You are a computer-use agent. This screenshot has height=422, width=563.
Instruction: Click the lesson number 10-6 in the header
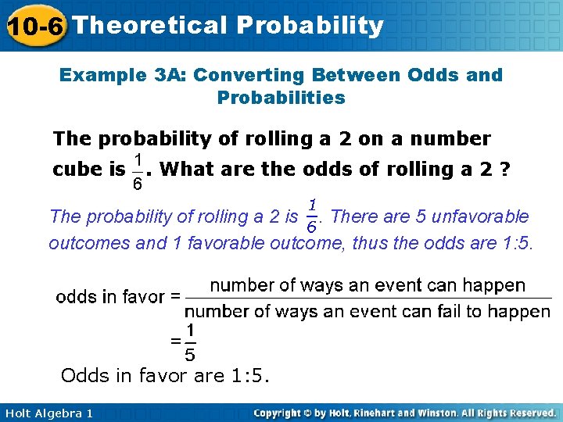tap(34, 26)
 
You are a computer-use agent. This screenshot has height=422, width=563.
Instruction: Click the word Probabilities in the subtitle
tap(281, 98)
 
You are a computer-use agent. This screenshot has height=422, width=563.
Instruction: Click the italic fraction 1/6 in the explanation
tap(311, 215)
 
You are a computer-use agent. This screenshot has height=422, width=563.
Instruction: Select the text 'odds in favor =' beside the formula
tap(118, 297)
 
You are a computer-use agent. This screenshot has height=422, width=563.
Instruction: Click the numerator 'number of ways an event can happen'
tap(368, 285)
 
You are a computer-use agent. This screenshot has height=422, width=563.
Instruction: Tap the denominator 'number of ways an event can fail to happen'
tap(368, 311)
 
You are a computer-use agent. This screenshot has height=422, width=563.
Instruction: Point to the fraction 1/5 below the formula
tap(190, 342)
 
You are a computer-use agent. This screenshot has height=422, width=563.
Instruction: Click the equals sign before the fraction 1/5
tap(176, 342)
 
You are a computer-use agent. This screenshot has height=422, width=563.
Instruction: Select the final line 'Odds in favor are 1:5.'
tap(165, 376)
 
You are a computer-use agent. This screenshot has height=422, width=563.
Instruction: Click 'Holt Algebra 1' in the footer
tap(48, 413)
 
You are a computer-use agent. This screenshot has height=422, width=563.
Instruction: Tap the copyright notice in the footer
tap(404, 413)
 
